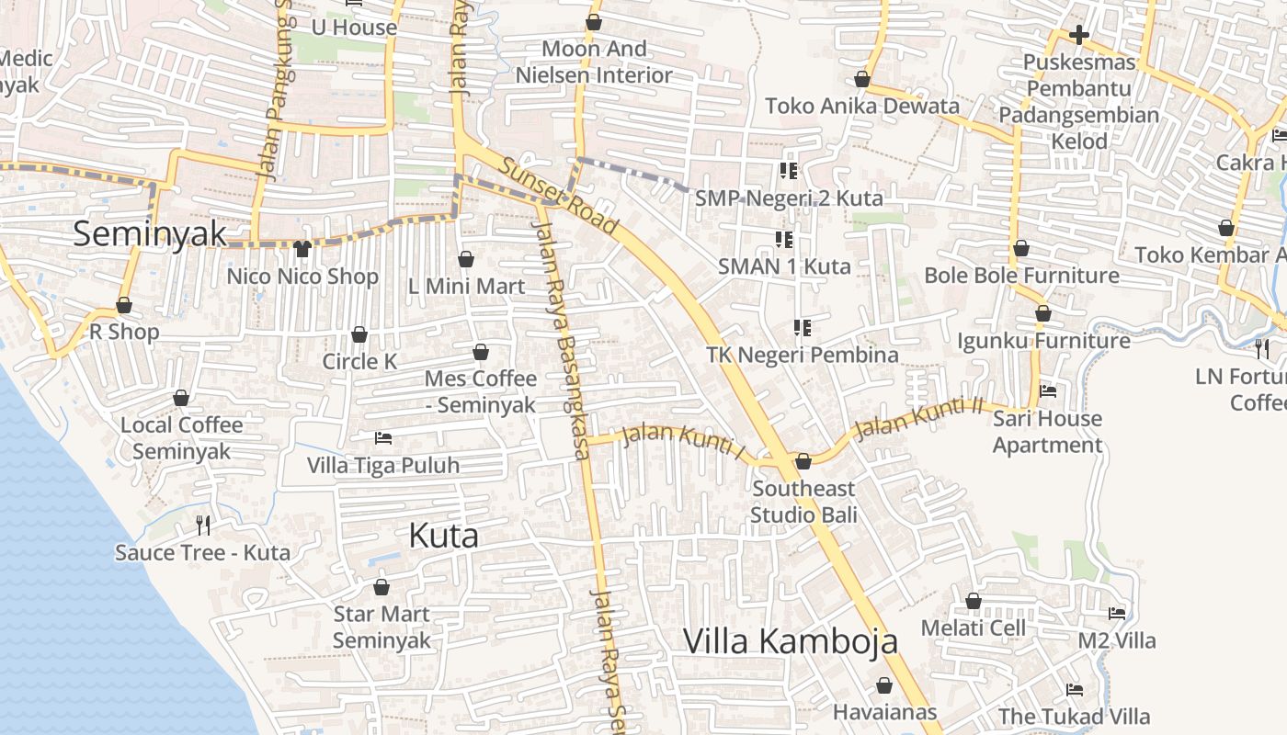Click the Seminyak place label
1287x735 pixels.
(x=150, y=233)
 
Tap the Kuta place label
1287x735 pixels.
(x=443, y=536)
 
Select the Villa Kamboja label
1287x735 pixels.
(x=790, y=641)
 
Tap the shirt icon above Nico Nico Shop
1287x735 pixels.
(x=302, y=248)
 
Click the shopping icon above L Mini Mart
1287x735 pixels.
(x=466, y=259)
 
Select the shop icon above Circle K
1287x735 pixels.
(x=359, y=334)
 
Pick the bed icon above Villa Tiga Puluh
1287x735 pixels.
(x=383, y=438)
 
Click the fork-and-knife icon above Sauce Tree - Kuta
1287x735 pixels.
(x=203, y=526)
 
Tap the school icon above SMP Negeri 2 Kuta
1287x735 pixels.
(x=788, y=170)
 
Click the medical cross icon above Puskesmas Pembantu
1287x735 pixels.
(x=1079, y=35)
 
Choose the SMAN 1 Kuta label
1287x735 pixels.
(x=784, y=266)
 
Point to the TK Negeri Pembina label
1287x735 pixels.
(x=803, y=355)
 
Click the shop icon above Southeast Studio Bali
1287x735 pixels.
(x=803, y=461)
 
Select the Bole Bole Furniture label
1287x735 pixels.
(x=1021, y=276)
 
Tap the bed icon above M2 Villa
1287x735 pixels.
(x=1117, y=614)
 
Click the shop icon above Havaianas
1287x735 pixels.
(x=884, y=685)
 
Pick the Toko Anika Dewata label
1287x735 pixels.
(x=862, y=106)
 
